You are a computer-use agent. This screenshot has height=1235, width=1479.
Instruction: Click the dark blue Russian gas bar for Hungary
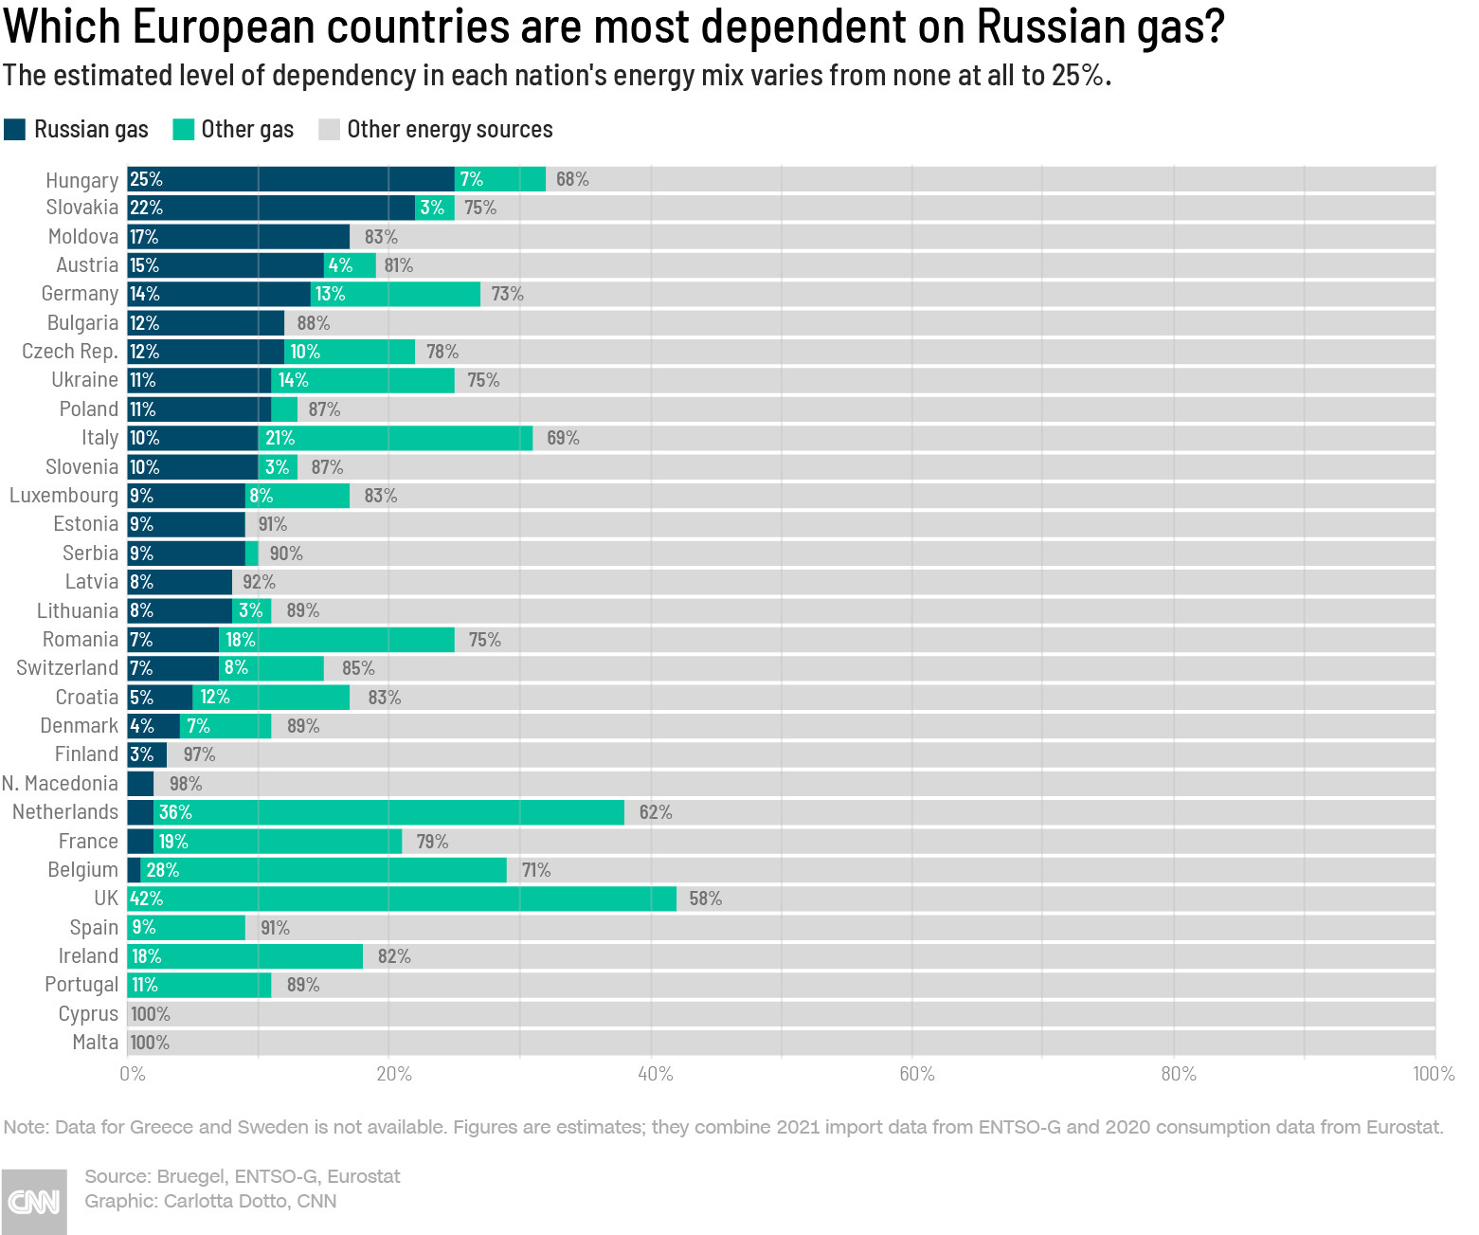point(290,179)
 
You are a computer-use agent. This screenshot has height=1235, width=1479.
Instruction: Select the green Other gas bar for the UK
point(402,899)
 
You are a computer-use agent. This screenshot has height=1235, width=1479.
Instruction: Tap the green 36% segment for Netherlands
point(388,812)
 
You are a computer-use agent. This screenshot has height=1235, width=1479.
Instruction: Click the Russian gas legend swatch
point(14,130)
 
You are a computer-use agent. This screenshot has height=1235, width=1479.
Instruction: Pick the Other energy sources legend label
point(449,130)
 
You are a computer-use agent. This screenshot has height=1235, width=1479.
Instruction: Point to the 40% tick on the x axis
point(655,1074)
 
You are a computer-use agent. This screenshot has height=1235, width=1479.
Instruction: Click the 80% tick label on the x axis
point(1178,1074)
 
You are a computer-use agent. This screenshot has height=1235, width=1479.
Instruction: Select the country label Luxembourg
point(63,496)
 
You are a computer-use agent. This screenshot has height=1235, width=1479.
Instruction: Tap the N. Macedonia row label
point(60,784)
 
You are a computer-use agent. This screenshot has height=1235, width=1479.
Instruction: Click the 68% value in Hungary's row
point(572,179)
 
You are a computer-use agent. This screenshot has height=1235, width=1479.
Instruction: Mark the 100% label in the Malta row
point(150,1043)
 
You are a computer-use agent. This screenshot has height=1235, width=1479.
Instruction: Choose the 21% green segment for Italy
point(395,438)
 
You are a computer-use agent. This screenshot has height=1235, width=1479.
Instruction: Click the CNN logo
point(33,1201)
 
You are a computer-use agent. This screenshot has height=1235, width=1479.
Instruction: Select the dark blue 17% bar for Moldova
point(238,237)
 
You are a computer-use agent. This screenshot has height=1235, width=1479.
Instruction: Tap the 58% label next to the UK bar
point(705,899)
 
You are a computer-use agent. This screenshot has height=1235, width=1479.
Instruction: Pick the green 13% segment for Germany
point(395,294)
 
